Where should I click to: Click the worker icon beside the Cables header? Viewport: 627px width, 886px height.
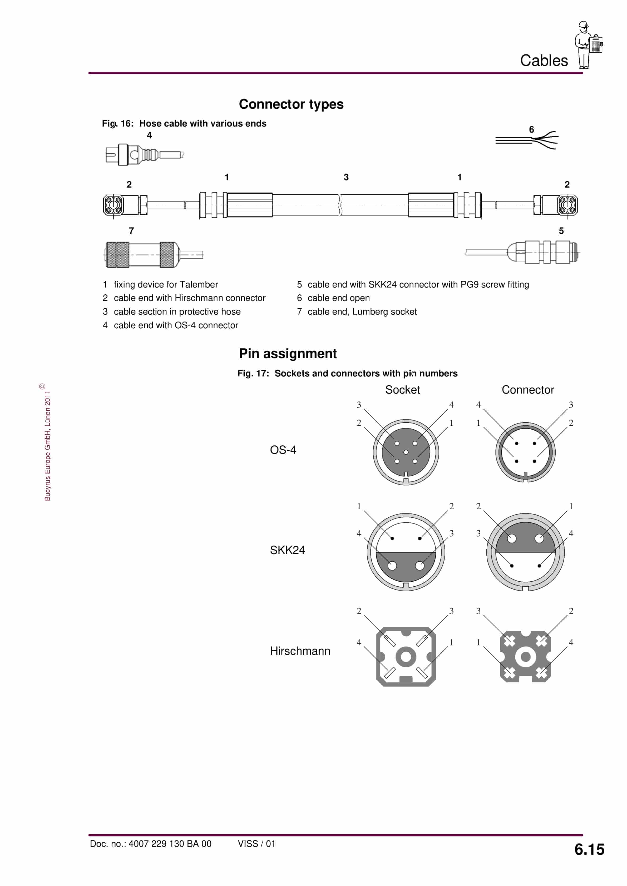click(588, 45)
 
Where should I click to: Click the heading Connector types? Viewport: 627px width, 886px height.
click(291, 104)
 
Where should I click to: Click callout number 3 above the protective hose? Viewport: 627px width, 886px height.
click(346, 177)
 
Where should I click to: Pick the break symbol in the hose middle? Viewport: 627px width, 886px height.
click(340, 205)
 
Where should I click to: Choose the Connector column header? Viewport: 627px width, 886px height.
click(527, 390)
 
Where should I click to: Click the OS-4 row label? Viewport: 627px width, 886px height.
click(283, 450)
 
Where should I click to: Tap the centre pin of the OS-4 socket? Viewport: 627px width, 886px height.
click(406, 452)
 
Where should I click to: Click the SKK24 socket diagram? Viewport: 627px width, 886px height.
click(406, 552)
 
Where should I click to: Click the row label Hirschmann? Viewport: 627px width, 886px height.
click(300, 651)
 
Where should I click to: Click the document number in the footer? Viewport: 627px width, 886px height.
click(151, 844)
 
